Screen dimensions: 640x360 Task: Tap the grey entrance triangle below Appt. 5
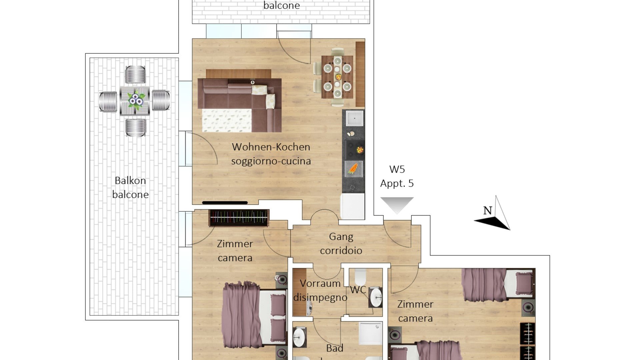point(397,205)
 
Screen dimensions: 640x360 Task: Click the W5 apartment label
point(397,169)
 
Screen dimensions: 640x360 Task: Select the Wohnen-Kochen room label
point(271,147)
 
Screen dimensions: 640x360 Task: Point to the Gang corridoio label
point(341,243)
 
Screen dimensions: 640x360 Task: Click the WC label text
point(358,290)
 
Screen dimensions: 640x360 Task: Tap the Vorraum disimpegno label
point(320,290)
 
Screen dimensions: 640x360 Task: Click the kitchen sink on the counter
point(354,118)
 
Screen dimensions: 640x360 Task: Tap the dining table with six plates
point(337,77)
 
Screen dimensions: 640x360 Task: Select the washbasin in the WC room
point(376,297)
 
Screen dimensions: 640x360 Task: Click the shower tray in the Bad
point(371,333)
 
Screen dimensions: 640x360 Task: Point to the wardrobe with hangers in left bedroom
point(239,218)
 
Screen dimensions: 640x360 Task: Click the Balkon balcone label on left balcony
point(130,187)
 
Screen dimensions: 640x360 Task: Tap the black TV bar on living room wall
point(225,203)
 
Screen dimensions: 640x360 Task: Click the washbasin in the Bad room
point(299,337)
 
